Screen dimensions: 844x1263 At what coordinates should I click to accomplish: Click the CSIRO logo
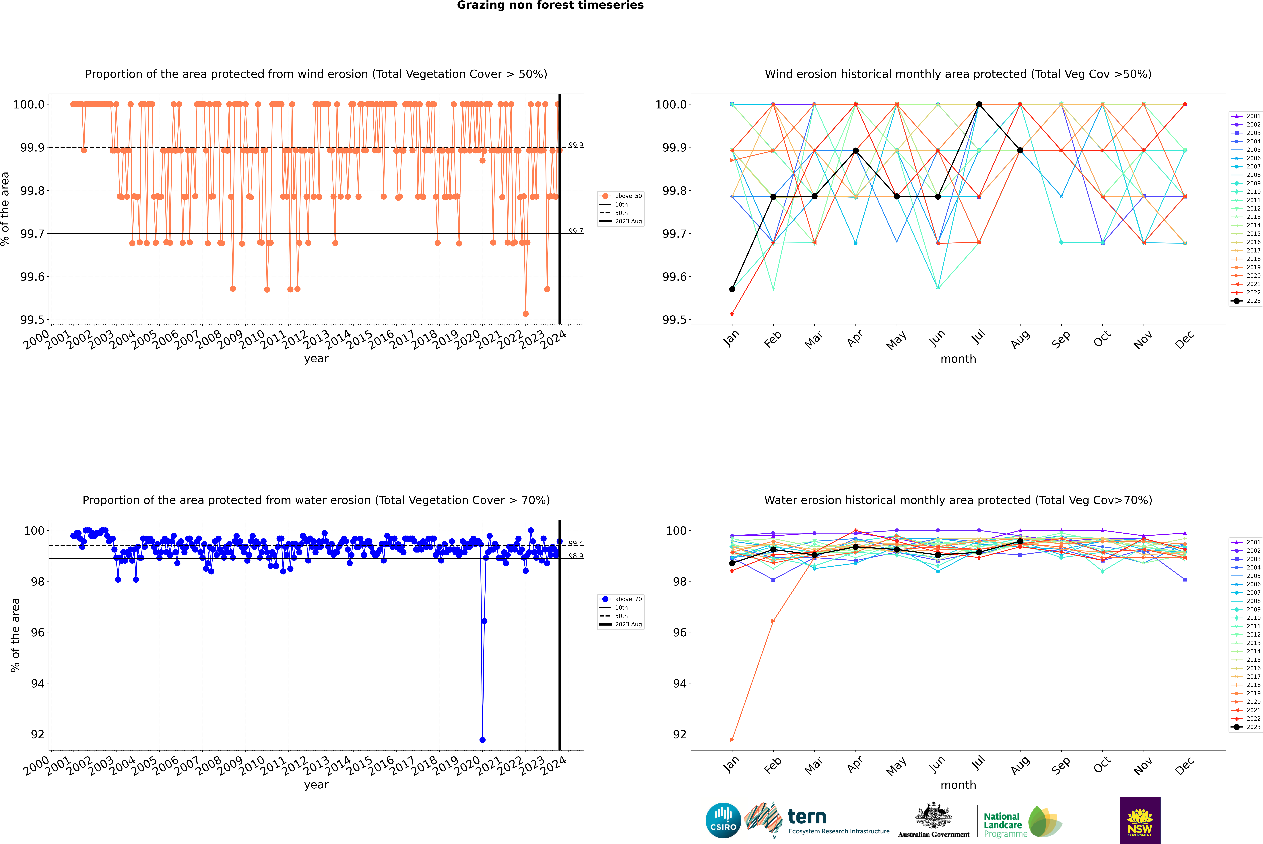[723, 820]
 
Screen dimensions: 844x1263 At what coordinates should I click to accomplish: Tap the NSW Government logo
[1140, 820]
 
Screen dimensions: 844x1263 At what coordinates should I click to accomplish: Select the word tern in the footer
[806, 817]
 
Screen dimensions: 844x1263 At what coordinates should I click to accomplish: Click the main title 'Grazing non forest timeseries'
[550, 5]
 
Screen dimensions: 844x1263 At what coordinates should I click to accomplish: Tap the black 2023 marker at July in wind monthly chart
[979, 104]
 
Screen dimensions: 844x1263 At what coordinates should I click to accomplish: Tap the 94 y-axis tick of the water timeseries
[38, 684]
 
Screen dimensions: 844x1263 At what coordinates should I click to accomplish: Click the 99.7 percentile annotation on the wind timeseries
[575, 231]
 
